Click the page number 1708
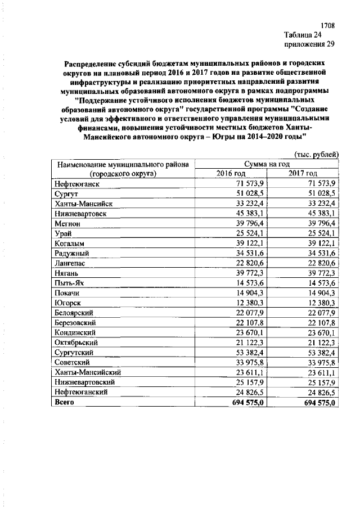point(328,26)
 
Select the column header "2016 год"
point(231,173)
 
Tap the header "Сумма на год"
point(267,164)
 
